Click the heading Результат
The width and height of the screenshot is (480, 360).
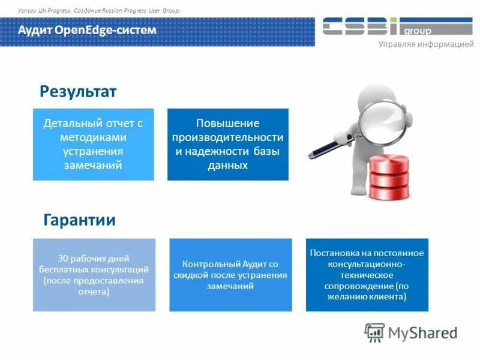click(x=78, y=92)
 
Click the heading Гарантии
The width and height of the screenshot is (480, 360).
click(x=80, y=220)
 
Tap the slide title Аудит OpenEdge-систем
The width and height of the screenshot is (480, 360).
click(x=87, y=30)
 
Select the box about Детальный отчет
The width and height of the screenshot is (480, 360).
click(x=93, y=144)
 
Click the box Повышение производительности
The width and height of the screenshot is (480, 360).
click(x=227, y=144)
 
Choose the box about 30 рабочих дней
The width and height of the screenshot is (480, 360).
click(x=94, y=275)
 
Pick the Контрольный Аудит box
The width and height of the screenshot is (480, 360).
click(x=230, y=275)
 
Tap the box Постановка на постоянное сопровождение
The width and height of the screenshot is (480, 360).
click(x=367, y=275)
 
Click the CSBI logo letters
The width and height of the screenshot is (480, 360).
click(x=360, y=26)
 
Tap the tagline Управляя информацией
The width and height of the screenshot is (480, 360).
click(x=425, y=46)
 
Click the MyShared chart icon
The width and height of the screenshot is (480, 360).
click(x=374, y=332)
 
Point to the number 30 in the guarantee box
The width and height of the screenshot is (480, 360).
click(x=63, y=259)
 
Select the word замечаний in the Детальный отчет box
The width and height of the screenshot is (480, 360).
click(x=93, y=165)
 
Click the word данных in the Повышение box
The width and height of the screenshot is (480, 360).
click(x=227, y=165)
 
